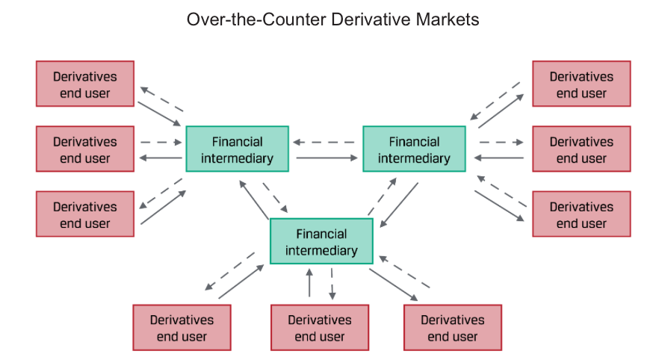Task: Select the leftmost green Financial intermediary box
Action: tap(237, 149)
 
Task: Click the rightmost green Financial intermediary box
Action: tap(414, 149)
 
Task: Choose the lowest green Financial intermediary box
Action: tap(321, 242)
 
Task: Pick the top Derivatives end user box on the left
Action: tap(85, 84)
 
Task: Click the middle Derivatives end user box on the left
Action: tap(85, 149)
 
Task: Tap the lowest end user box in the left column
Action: tap(85, 214)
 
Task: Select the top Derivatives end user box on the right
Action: tap(581, 84)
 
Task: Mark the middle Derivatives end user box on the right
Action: tap(581, 149)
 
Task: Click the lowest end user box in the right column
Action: tap(581, 214)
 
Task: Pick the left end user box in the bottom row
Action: tap(182, 328)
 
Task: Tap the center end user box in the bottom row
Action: tap(320, 328)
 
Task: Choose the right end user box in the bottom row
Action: tap(453, 328)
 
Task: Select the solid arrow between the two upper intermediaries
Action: tap(326, 158)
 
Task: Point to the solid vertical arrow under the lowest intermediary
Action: tap(309, 282)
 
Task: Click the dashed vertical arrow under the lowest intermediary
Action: tap(332, 282)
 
